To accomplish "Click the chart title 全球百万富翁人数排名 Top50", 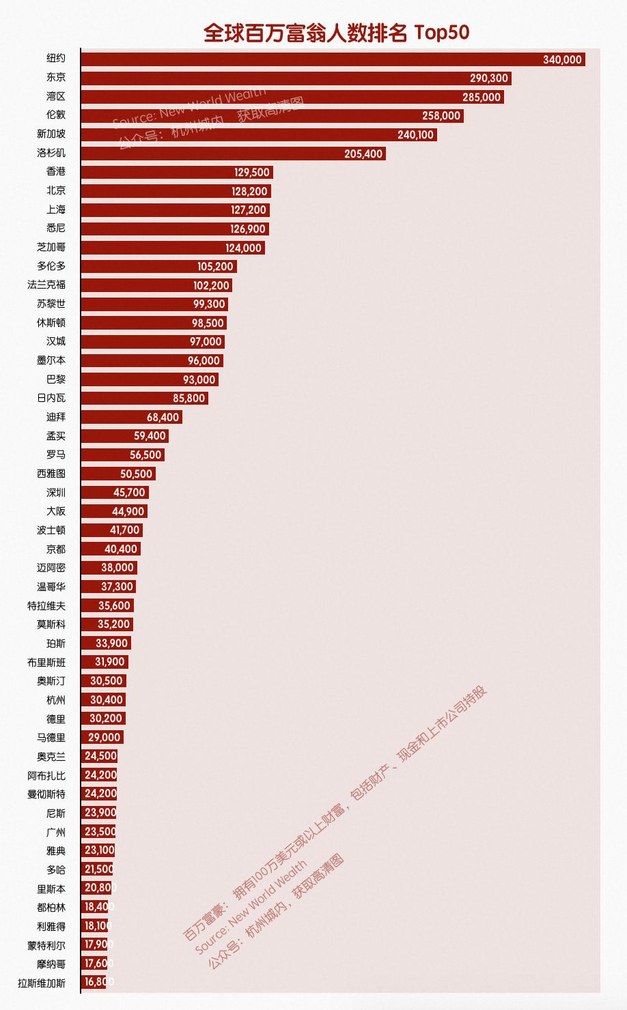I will pos(336,33).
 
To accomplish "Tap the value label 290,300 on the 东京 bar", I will pos(489,78).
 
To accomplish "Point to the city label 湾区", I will pos(56,97).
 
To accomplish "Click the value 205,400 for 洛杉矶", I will pos(363,154).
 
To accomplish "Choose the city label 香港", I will pos(56,172).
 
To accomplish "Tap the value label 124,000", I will pos(243,248).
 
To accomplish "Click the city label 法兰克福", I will pos(46,285).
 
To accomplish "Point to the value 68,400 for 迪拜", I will pos(163,417).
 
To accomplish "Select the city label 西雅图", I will pos(51,474).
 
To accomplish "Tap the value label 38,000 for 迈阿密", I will pos(117,568).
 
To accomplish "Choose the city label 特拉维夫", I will pos(46,605).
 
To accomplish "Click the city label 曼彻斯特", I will pos(46,794).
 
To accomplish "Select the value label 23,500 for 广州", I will pos(100,832).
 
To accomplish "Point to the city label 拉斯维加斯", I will pos(42,983).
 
